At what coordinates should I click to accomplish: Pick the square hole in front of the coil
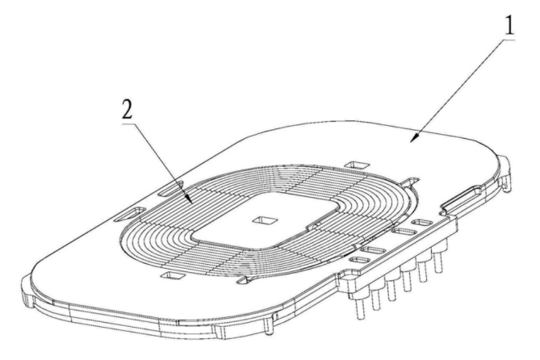[x=171, y=275]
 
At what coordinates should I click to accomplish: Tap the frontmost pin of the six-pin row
[x=361, y=307]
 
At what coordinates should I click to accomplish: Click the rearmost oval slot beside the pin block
[x=422, y=223]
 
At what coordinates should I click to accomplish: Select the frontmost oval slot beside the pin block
[x=359, y=260]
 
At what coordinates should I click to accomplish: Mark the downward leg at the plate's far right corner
[x=505, y=176]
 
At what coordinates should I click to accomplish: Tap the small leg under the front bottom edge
[x=270, y=325]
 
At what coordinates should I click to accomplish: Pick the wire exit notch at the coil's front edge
[x=245, y=280]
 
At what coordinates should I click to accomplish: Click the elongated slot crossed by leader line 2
[x=170, y=190]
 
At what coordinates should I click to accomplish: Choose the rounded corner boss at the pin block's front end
[x=347, y=277]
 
